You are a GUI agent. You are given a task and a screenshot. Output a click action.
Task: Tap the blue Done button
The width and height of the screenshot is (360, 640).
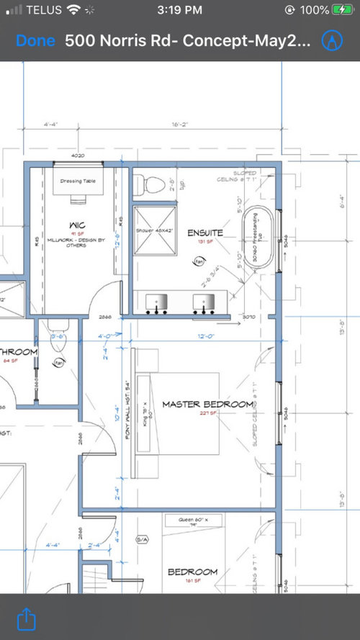point(35,41)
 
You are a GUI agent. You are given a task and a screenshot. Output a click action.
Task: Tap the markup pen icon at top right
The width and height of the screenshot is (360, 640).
point(332,40)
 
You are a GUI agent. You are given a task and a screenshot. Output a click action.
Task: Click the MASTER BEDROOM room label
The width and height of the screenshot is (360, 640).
point(207,405)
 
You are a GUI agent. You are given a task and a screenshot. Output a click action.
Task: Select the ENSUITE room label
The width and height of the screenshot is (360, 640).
point(205,233)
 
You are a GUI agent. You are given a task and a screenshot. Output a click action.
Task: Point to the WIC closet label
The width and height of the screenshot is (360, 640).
point(78,224)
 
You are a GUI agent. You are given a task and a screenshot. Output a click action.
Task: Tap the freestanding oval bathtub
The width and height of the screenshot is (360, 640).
point(256,238)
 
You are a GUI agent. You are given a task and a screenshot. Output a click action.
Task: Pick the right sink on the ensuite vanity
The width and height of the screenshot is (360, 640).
point(205,303)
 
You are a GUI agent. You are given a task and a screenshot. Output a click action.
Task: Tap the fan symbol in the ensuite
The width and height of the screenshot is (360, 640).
point(197,262)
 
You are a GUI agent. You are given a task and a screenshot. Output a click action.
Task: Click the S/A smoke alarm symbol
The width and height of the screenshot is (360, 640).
point(141,538)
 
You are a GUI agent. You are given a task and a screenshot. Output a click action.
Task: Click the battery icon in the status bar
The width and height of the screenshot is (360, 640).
point(343,11)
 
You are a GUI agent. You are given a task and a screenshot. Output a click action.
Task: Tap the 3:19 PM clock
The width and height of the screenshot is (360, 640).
point(179,11)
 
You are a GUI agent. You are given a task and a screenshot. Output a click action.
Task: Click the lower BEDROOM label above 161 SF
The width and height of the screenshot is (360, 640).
point(192,572)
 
